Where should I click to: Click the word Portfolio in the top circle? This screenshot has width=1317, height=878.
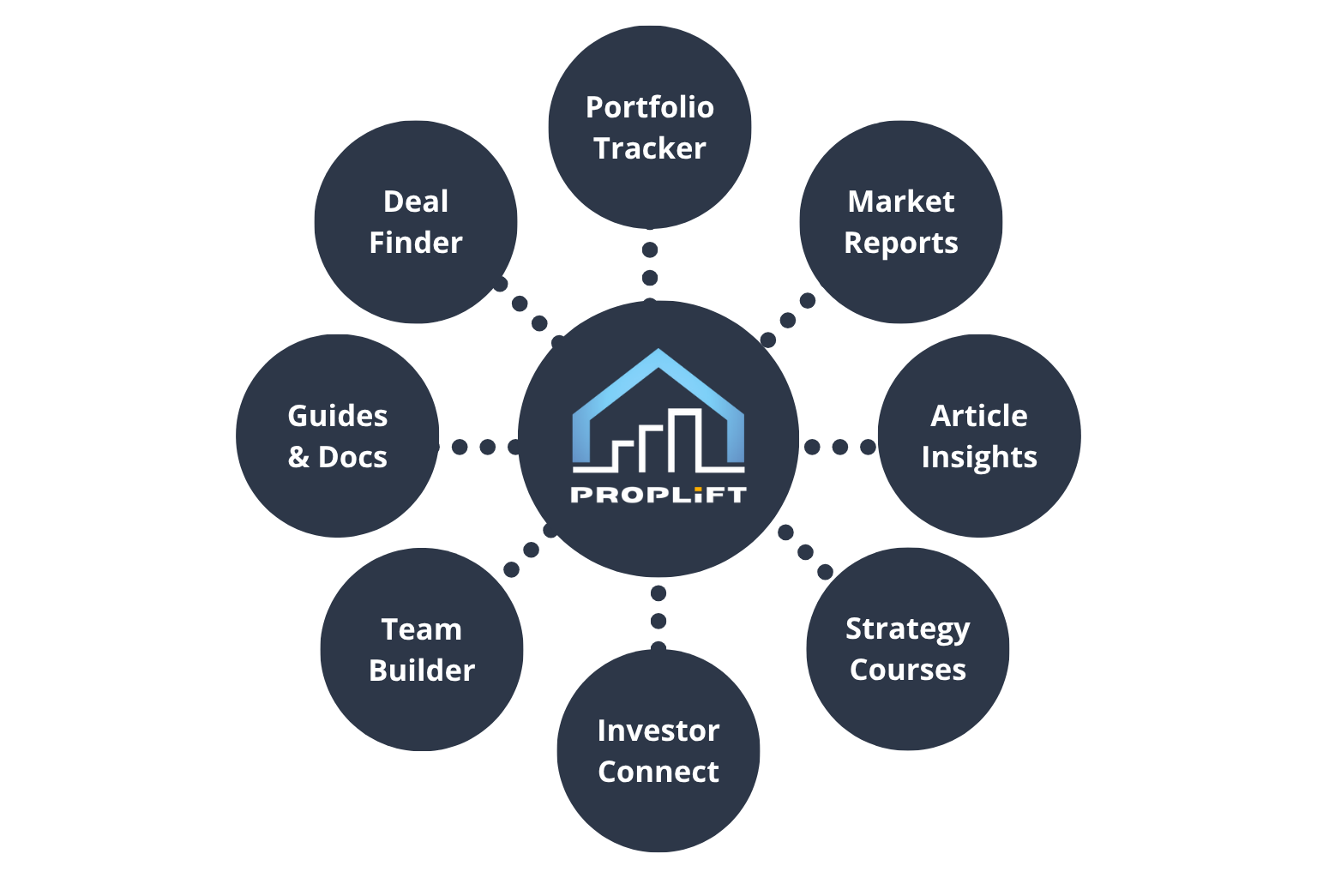point(649,107)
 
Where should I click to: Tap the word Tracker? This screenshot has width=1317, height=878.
point(649,148)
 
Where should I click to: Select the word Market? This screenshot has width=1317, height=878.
point(900,201)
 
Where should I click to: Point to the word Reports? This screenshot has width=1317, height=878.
point(900,244)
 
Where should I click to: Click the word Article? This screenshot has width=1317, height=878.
point(978,416)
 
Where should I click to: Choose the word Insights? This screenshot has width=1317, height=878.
point(978,458)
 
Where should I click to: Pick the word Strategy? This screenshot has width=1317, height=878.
point(907,629)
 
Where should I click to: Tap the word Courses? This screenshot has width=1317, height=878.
point(907,670)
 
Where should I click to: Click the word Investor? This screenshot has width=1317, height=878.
point(658,731)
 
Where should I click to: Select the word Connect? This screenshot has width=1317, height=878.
point(658,772)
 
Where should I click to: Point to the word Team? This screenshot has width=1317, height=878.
point(421,629)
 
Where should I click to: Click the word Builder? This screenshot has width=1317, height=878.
point(421,671)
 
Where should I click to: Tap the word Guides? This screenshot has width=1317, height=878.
point(337,416)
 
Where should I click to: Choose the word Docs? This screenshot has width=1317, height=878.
point(352,457)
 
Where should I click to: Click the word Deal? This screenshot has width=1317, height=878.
point(415,201)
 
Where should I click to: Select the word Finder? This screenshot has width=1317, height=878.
point(415,243)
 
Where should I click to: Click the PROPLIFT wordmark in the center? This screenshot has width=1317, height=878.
point(658,495)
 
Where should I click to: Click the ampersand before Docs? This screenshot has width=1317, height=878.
point(298,457)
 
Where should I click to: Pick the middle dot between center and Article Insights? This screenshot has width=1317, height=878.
point(839,447)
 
